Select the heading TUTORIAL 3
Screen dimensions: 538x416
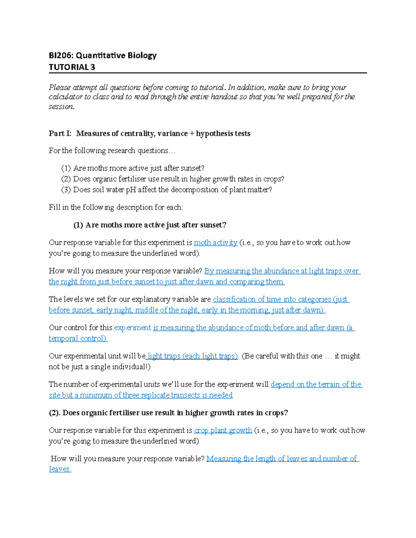pyautogui.click(x=72, y=67)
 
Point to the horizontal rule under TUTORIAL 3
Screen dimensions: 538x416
pyautogui.click(x=208, y=73)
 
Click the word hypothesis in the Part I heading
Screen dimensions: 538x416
pyautogui.click(x=214, y=134)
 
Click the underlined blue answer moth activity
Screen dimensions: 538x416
pyautogui.click(x=215, y=242)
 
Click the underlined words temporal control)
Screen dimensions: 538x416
pyautogui.click(x=78, y=338)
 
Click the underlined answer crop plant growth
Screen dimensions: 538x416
pyautogui.click(x=223, y=431)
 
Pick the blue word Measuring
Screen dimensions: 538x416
pyautogui.click(x=224, y=459)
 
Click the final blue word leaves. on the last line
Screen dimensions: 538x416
pyautogui.click(x=60, y=469)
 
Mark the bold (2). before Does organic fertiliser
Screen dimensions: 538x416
pyautogui.click(x=54, y=413)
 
